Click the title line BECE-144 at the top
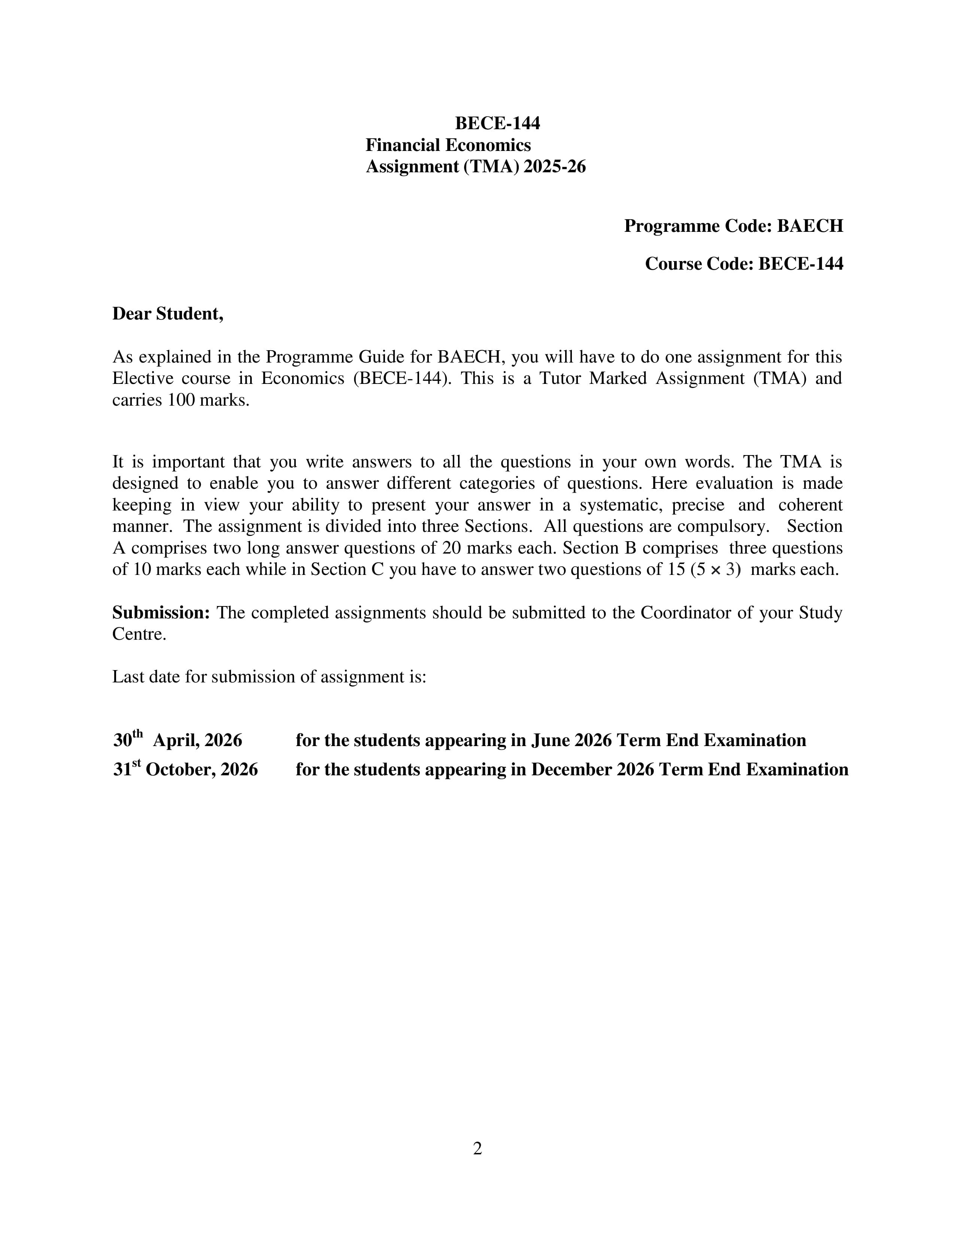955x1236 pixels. point(497,123)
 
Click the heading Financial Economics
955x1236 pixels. point(448,145)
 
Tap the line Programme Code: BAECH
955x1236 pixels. point(733,226)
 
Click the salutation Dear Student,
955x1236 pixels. point(168,313)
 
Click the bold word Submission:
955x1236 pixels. point(161,612)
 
